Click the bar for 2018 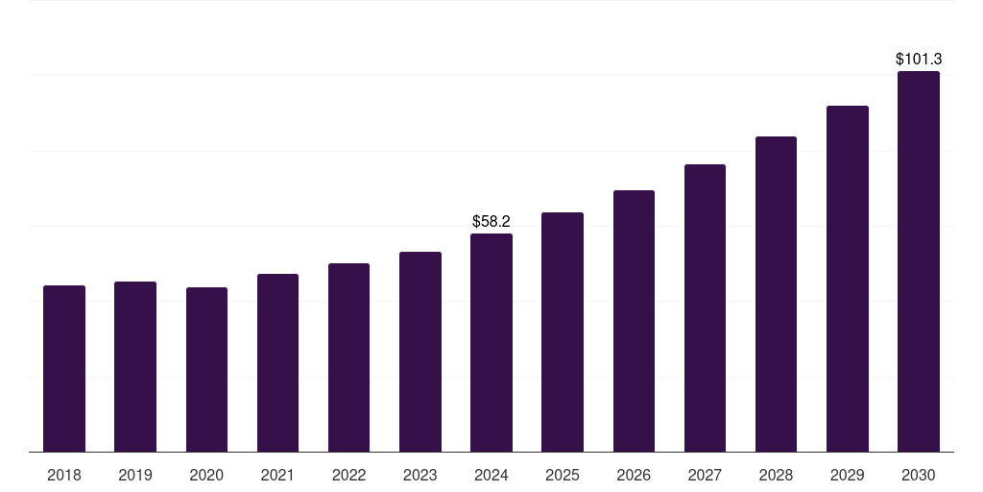pos(64,369)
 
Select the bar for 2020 pos(206,370)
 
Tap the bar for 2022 pos(348,357)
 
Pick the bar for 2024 pos(491,343)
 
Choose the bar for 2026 pos(634,321)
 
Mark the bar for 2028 pos(776,294)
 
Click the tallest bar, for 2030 pos(919,261)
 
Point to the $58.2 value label pos(491,222)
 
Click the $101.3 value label pos(919,60)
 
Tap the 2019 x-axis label pos(135,475)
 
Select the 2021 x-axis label pos(277,475)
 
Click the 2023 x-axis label pos(420,475)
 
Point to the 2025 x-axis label pos(563,475)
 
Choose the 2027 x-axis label pos(705,475)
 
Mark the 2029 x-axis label pos(848,475)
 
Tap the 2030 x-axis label pos(919,475)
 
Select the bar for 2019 pos(135,367)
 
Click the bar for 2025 pos(563,332)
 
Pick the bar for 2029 pos(848,279)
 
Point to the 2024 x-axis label pos(491,475)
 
